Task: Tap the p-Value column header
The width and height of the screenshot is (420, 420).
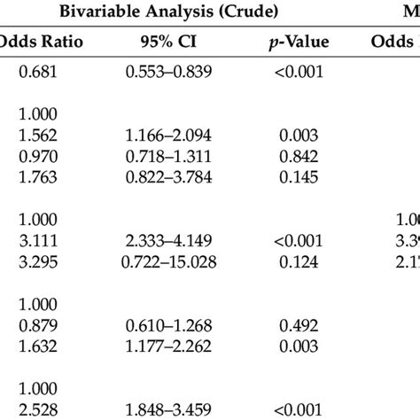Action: click(x=290, y=41)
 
